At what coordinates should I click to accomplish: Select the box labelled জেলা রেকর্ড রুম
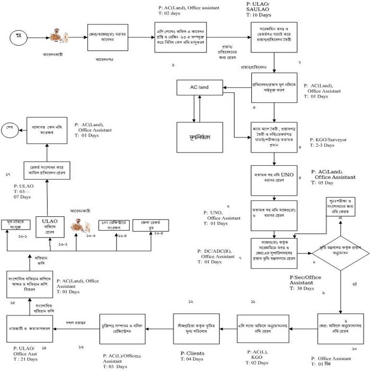150,225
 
